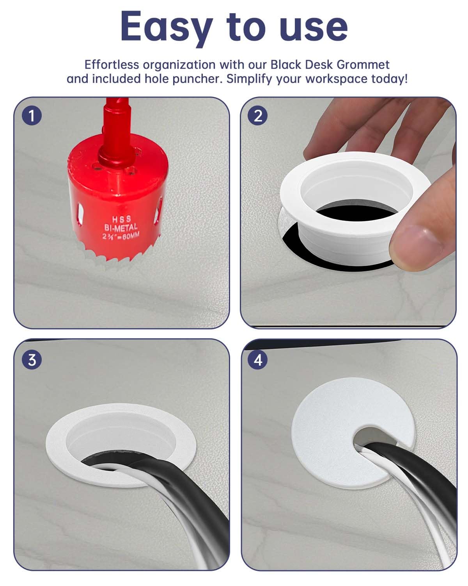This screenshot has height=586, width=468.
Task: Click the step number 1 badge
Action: point(32,116)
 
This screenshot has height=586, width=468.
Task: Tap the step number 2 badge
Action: point(258,116)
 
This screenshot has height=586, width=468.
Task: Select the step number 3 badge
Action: point(32,359)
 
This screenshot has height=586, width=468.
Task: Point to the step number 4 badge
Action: point(258,359)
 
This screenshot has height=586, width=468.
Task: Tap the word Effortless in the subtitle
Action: point(111,64)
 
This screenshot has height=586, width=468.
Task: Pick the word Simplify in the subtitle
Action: point(250,79)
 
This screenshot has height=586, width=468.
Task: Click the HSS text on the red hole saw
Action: point(122,220)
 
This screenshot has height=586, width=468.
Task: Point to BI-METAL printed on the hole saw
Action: point(121,227)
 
